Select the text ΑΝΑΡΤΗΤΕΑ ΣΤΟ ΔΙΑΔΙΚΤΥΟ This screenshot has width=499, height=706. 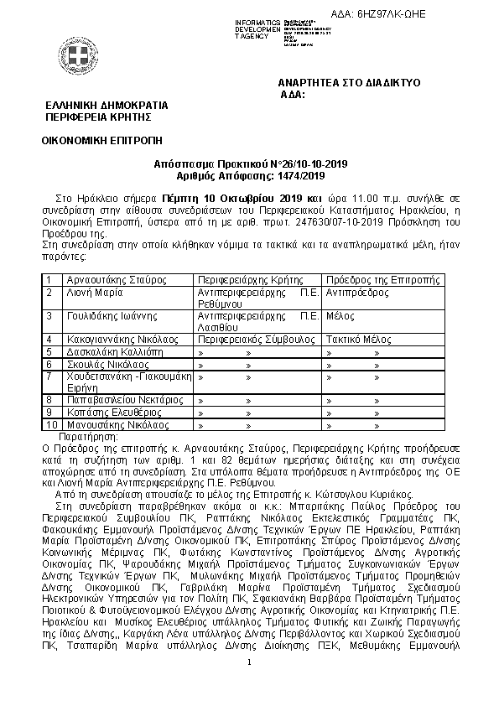(x=349, y=84)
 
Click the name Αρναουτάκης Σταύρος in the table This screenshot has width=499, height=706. (x=107, y=279)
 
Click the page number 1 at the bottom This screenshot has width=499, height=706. (x=249, y=687)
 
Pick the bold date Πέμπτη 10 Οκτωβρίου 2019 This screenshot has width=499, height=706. (x=218, y=195)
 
